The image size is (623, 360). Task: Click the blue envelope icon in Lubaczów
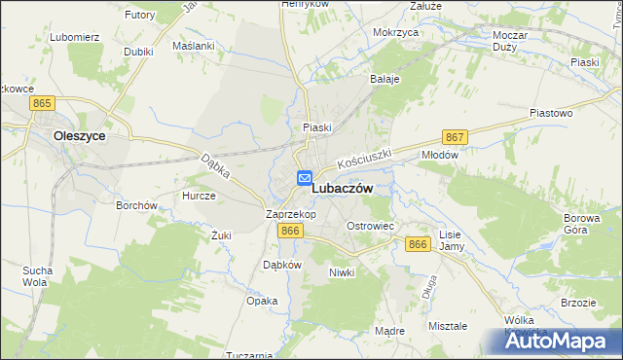[x=305, y=178]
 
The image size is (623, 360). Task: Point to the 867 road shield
[x=455, y=137]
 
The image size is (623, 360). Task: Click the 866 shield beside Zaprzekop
[x=290, y=230]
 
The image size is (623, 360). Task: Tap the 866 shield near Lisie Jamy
[x=419, y=244]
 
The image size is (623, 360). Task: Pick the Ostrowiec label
[x=370, y=226]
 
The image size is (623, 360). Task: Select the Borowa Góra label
[x=582, y=225]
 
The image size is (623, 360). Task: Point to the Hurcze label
[x=199, y=195]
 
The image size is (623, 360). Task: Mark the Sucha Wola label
[x=37, y=275]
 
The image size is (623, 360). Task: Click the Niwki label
[x=342, y=271]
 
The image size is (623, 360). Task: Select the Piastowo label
[x=550, y=113]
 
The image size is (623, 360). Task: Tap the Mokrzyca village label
[x=395, y=32]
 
